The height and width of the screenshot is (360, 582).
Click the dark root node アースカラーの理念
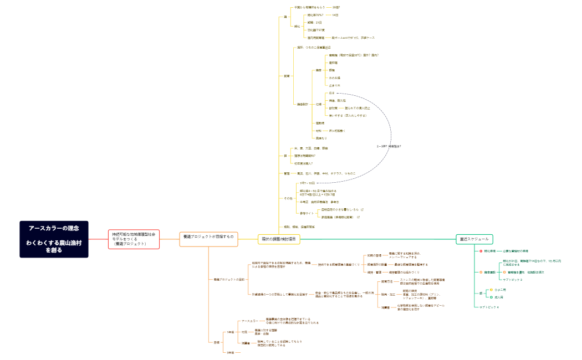54,239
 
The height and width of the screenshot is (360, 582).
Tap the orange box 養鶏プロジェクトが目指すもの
208,236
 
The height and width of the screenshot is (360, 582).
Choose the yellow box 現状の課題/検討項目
279,239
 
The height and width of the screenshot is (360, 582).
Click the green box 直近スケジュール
474,239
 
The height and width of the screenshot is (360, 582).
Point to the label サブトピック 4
489,307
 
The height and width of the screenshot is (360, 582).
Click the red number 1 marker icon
481,251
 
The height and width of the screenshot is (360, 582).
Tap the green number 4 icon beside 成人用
491,297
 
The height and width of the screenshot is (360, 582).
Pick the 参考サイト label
307,213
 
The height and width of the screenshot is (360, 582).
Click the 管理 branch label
286,173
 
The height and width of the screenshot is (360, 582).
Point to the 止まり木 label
334,85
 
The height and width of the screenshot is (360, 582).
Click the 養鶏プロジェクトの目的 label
229,279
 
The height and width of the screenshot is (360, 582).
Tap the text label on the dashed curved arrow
389,146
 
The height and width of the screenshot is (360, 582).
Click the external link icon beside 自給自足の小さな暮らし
362,210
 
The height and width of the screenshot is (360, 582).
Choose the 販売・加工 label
388,294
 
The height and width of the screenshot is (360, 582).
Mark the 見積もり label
321,138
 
